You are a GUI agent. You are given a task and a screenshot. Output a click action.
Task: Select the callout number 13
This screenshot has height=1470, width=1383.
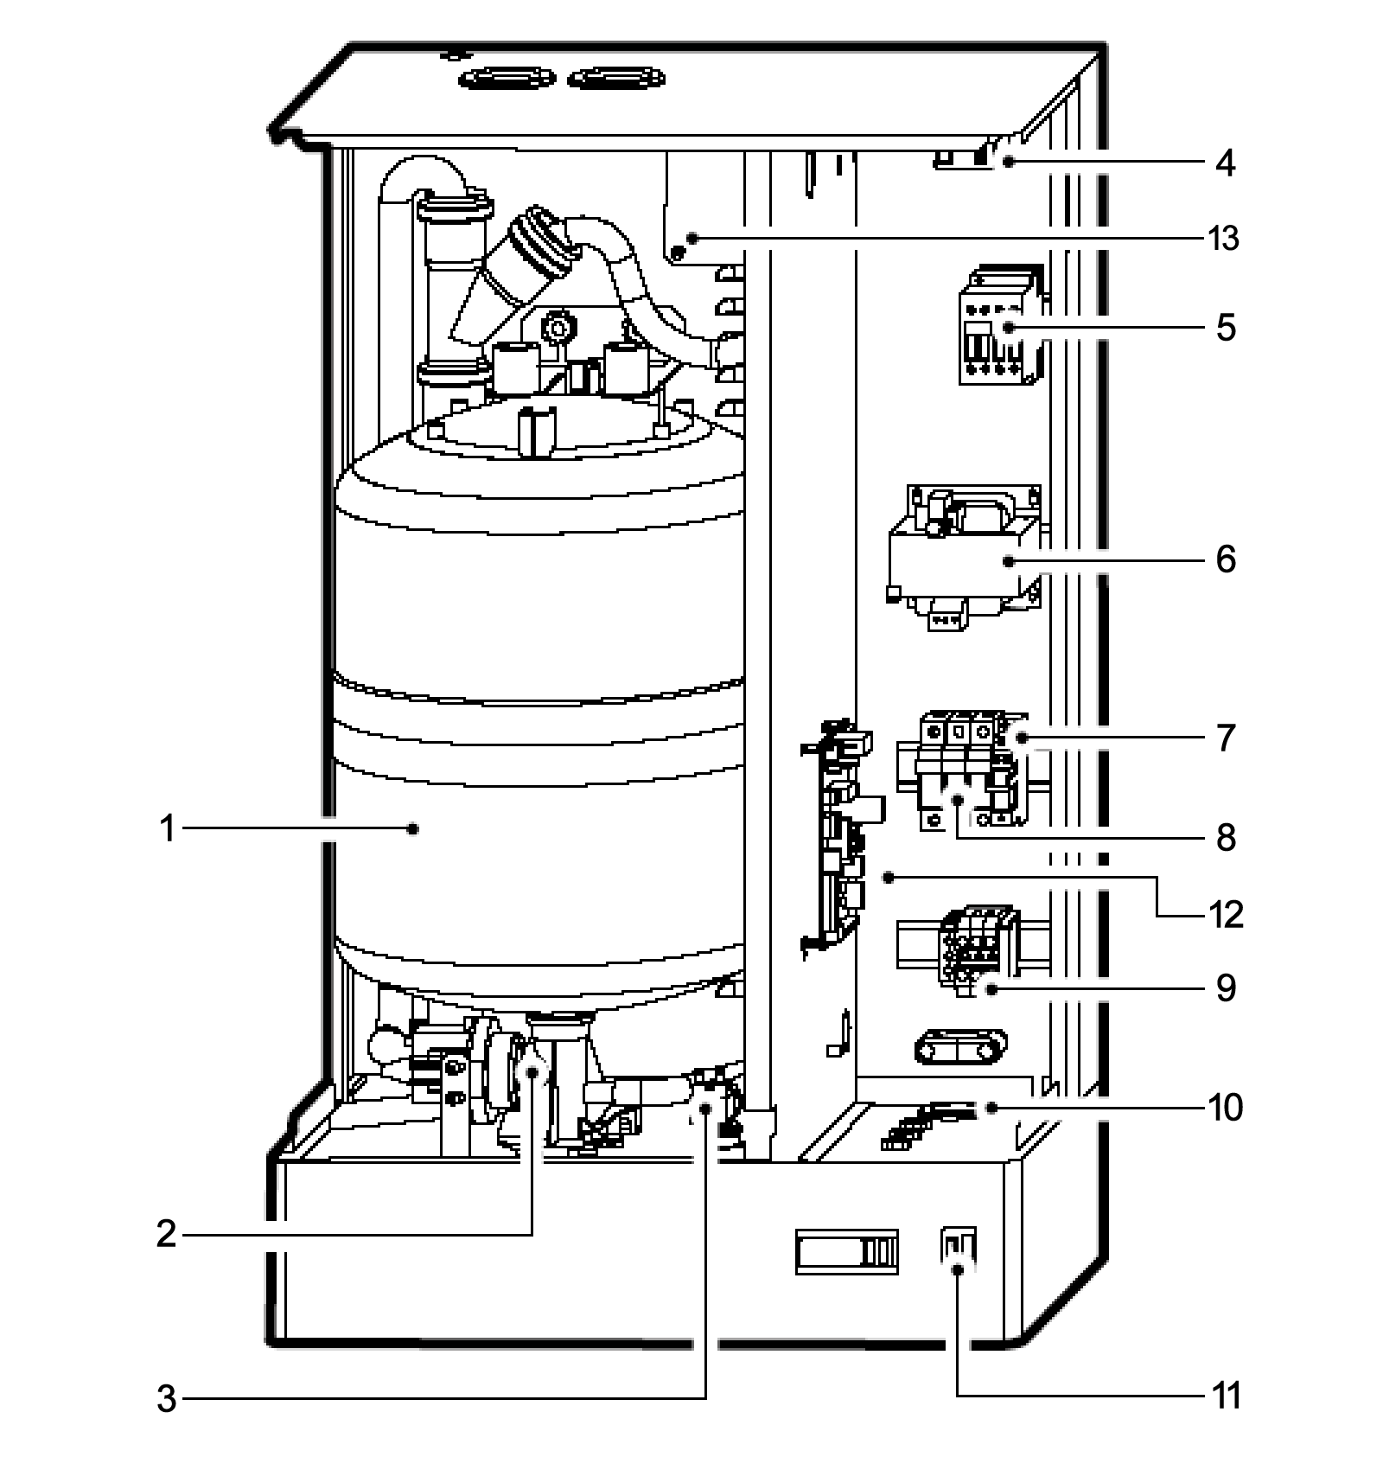pos(1224,238)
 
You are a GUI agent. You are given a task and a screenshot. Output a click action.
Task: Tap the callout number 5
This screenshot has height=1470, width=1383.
pos(1225,329)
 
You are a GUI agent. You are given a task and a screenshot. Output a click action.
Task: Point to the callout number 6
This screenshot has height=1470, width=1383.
pos(1225,560)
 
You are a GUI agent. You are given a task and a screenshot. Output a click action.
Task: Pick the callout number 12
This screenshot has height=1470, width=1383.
pos(1225,914)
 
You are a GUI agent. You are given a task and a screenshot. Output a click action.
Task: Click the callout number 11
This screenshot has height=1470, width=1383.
pos(1227,1396)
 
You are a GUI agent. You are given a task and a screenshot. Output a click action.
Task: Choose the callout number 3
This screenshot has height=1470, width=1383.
pos(167,1398)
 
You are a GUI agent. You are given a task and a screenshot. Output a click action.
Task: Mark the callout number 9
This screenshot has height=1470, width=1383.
pos(1225,988)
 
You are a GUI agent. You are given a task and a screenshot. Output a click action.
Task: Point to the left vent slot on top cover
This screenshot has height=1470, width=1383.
pos(507,80)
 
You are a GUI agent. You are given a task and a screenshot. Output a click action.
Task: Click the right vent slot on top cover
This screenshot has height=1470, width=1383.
pos(616,80)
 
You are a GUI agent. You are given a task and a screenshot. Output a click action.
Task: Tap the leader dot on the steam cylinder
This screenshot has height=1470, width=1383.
pos(413,829)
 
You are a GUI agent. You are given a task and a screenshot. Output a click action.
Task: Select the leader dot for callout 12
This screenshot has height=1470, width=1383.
pos(888,878)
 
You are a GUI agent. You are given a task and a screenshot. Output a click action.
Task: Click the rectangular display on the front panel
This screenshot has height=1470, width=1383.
pos(847,1252)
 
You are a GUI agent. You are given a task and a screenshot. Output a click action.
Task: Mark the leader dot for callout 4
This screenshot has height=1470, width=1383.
pos(1008,162)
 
